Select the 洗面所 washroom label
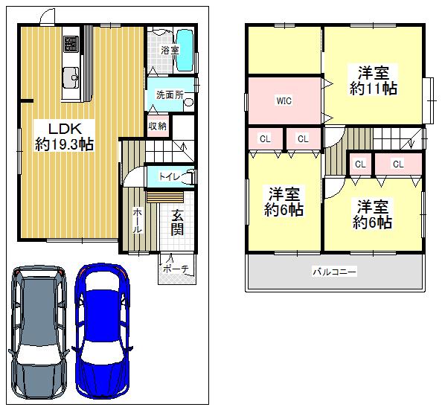169,95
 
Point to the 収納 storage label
157,126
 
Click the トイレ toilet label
166,176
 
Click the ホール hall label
138,221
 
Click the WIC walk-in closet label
284,100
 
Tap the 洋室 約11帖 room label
374,80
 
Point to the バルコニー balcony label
334,272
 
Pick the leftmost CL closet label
265,138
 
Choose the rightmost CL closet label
397,164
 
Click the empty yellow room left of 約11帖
284,50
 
